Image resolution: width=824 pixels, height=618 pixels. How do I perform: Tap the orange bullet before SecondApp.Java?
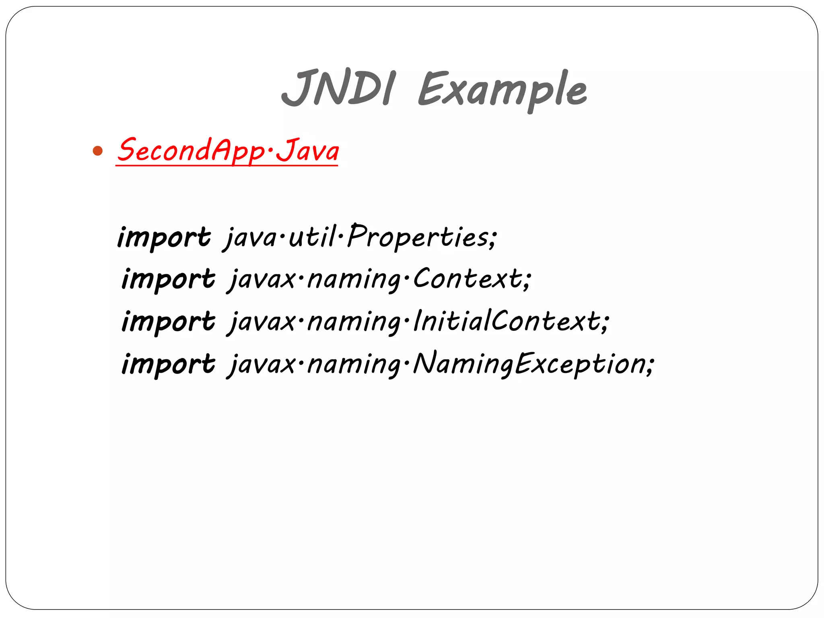(x=97, y=151)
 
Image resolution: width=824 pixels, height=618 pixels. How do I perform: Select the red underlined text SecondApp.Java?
(x=228, y=150)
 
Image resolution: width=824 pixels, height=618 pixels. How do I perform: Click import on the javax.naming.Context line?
(x=168, y=279)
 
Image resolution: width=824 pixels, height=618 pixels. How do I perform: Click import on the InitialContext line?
(x=168, y=321)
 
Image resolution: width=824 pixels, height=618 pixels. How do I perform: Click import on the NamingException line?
(x=168, y=364)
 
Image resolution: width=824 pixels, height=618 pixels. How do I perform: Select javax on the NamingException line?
(x=262, y=364)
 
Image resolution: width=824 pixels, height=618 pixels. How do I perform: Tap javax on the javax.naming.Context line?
(x=262, y=279)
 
